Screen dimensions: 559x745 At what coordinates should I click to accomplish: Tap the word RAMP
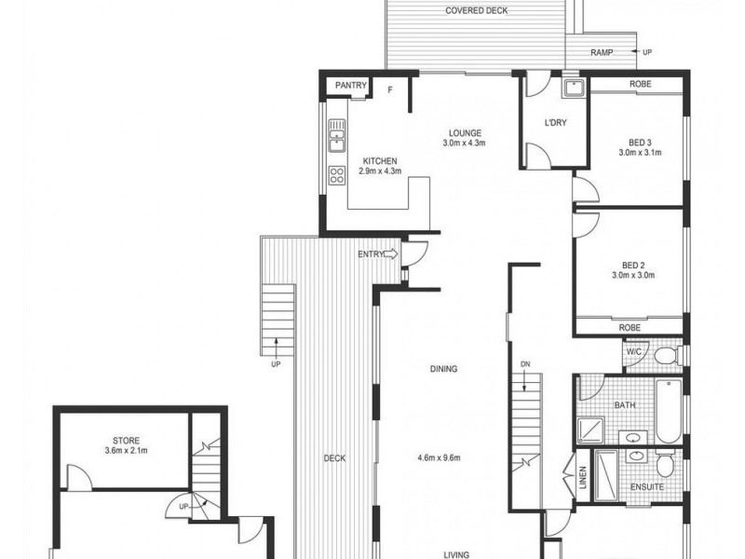pos(603,52)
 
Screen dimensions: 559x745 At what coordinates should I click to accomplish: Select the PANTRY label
pos(352,87)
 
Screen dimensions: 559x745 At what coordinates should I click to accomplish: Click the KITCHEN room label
pos(353,159)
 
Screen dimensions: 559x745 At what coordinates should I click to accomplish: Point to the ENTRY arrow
pos(390,253)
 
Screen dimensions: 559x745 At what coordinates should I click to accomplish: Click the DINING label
pos(443,369)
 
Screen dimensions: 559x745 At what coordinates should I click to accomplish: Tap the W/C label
pos(634,352)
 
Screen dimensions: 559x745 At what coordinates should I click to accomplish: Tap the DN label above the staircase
pos(524,363)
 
